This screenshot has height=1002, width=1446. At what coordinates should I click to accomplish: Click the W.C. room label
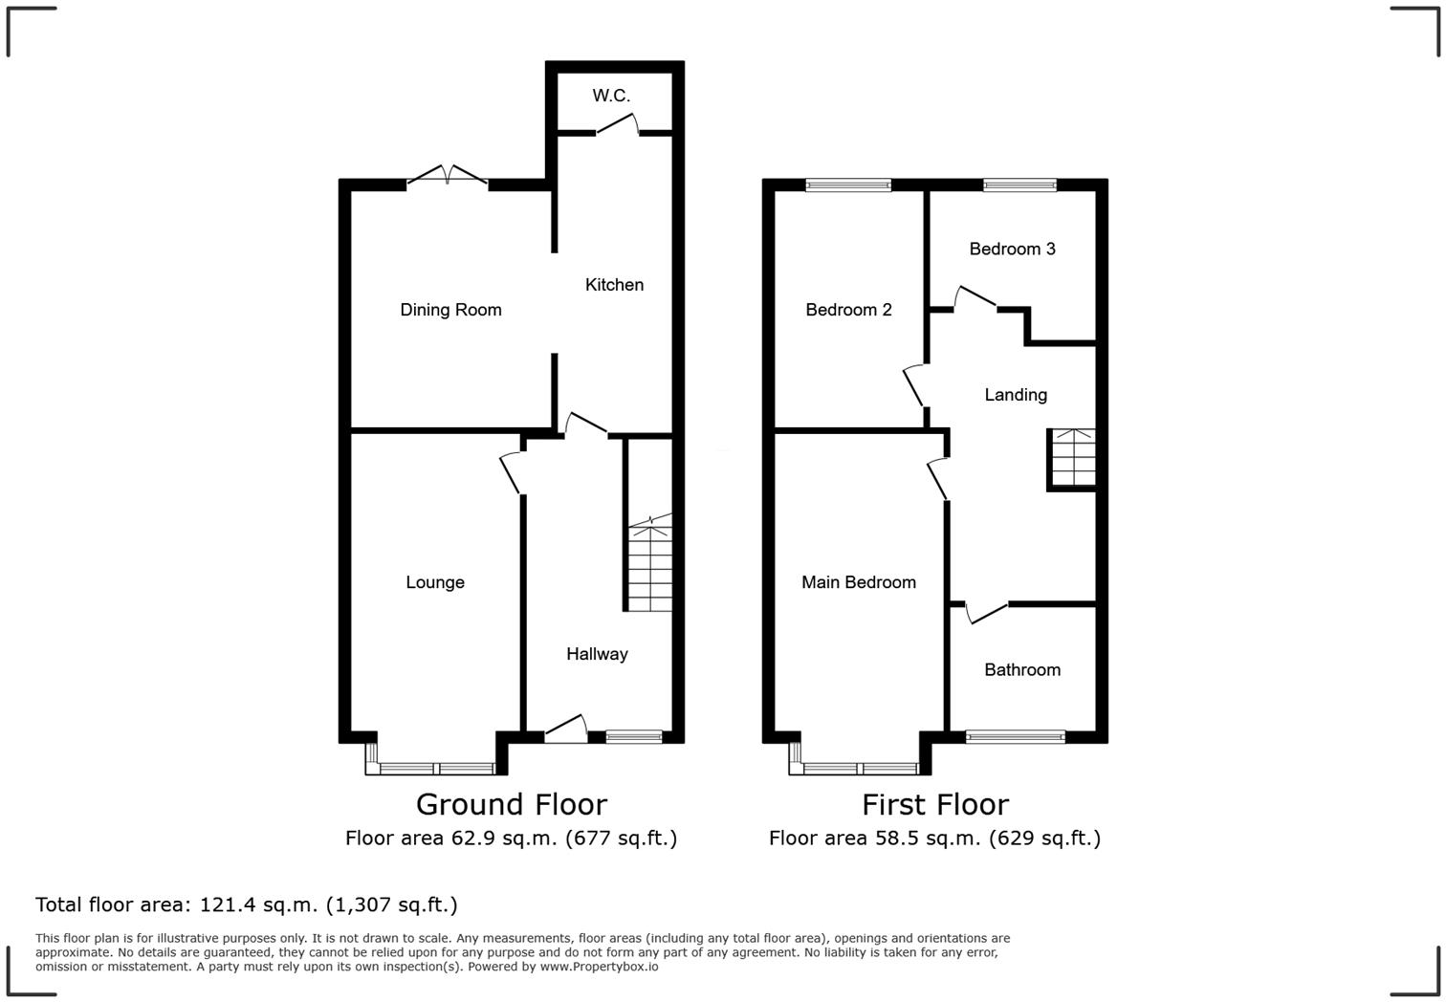tap(611, 96)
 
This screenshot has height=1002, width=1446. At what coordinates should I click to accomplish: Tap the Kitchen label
tap(614, 285)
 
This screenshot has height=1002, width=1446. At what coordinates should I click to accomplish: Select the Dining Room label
tap(450, 310)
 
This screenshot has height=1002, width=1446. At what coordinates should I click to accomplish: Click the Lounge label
tap(435, 582)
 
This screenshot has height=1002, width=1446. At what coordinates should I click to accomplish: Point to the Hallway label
tap(597, 654)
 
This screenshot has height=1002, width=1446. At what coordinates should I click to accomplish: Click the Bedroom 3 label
tap(1012, 249)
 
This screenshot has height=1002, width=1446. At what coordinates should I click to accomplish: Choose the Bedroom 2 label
tap(848, 310)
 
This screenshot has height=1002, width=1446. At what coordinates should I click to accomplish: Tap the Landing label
tap(1016, 395)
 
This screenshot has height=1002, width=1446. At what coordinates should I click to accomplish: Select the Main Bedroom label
tap(858, 582)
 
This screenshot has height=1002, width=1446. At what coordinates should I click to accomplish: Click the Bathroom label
tap(1022, 670)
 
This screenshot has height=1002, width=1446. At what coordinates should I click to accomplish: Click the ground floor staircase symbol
tap(650, 564)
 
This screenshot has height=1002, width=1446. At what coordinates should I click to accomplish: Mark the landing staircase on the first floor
tap(1073, 459)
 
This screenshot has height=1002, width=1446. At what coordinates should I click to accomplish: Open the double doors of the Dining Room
tap(448, 176)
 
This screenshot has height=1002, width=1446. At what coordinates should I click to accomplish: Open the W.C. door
tap(617, 124)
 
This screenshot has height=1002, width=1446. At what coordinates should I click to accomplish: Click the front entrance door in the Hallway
tap(566, 730)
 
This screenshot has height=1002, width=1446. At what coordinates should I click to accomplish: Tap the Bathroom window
tap(1015, 736)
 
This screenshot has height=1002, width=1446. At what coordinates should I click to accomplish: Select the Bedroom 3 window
tap(1019, 185)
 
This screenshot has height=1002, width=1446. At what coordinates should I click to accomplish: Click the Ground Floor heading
tap(511, 804)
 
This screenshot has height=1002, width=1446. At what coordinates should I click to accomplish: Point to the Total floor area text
tap(247, 904)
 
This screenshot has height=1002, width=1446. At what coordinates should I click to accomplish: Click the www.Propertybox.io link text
tap(599, 967)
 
